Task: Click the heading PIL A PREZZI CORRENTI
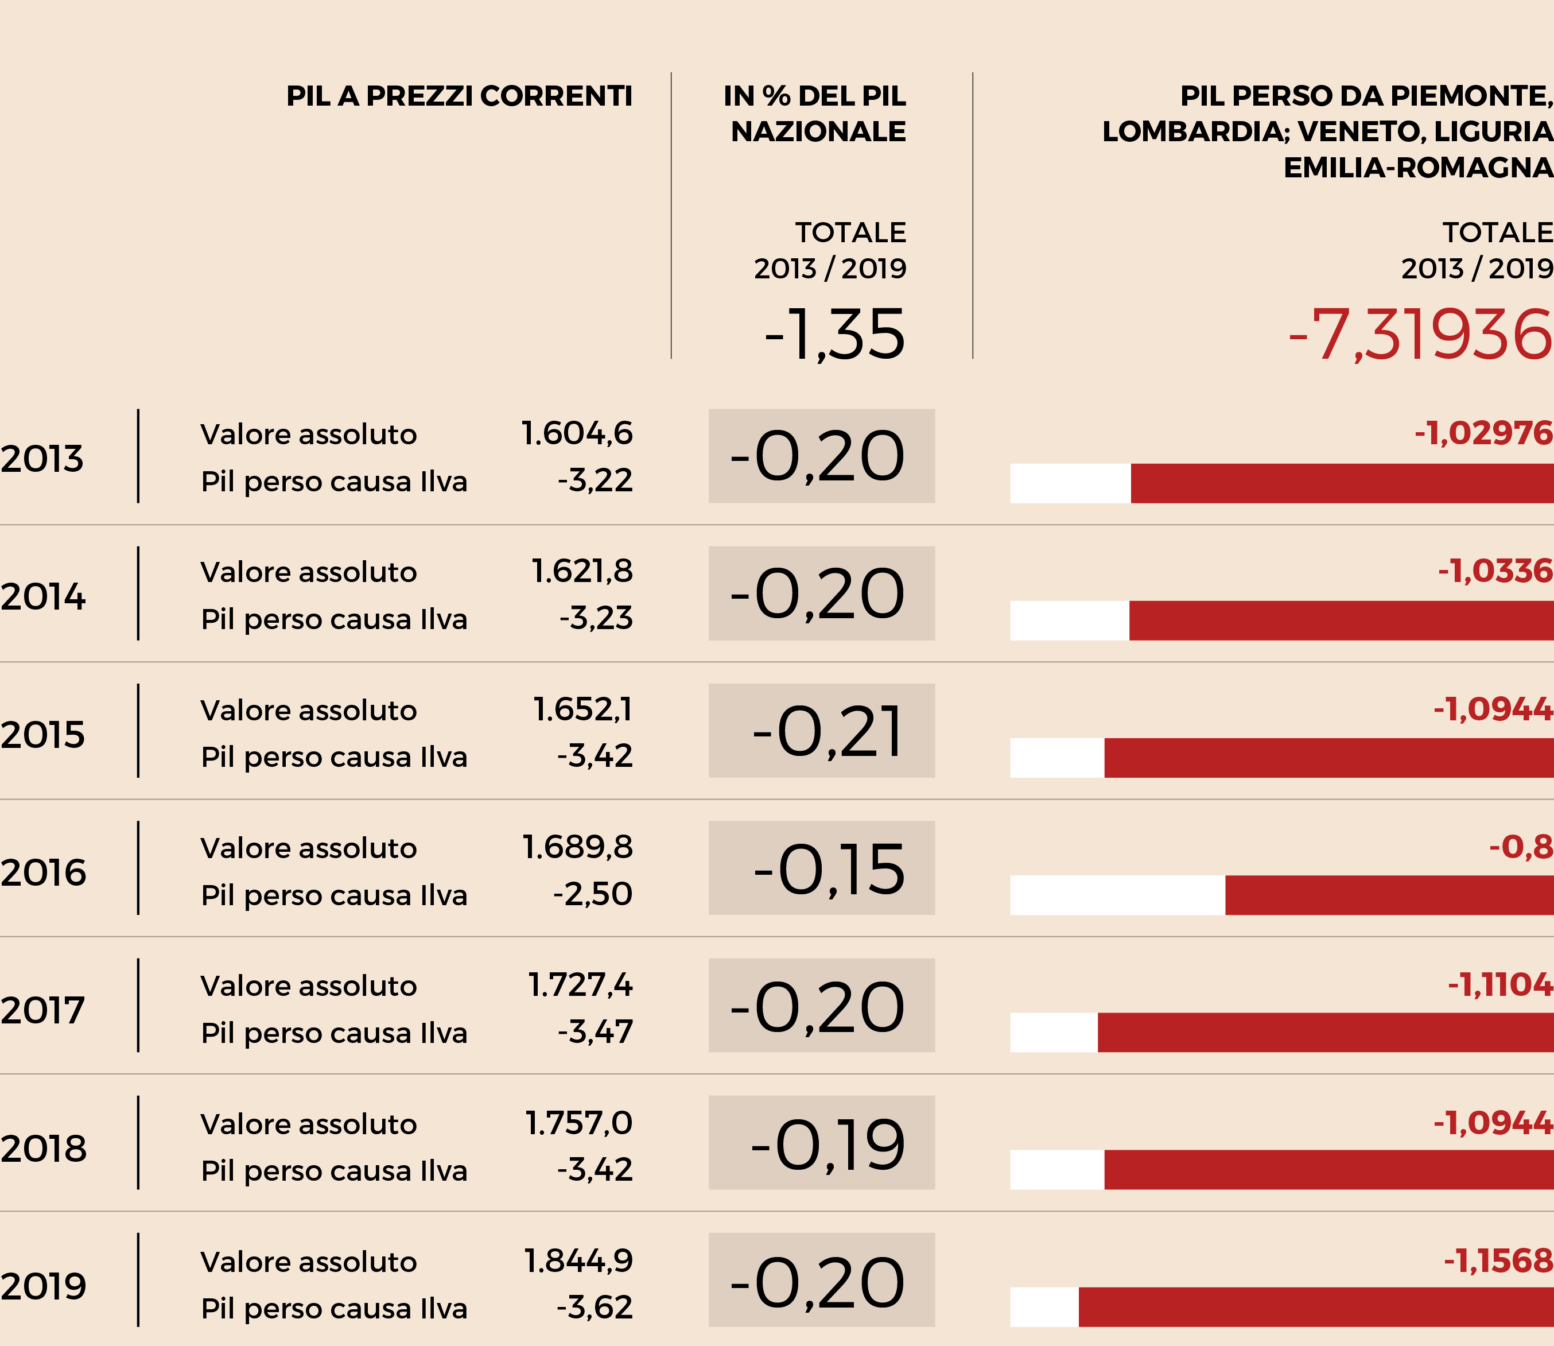[459, 96]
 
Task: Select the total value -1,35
[834, 335]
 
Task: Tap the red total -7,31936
[1420, 335]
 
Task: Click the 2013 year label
[42, 459]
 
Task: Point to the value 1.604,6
[577, 433]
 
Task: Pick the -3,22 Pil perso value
[595, 481]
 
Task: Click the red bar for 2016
[1389, 895]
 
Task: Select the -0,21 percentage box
[822, 731]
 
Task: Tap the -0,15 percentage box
[822, 868]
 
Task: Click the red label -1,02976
[1483, 433]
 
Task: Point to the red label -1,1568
[1498, 1261]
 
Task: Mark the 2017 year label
[42, 1010]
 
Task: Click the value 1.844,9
[578, 1261]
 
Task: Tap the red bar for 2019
[1316, 1307]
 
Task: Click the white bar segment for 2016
[1118, 895]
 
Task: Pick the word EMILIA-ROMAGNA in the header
[1418, 168]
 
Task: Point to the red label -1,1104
[1500, 985]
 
